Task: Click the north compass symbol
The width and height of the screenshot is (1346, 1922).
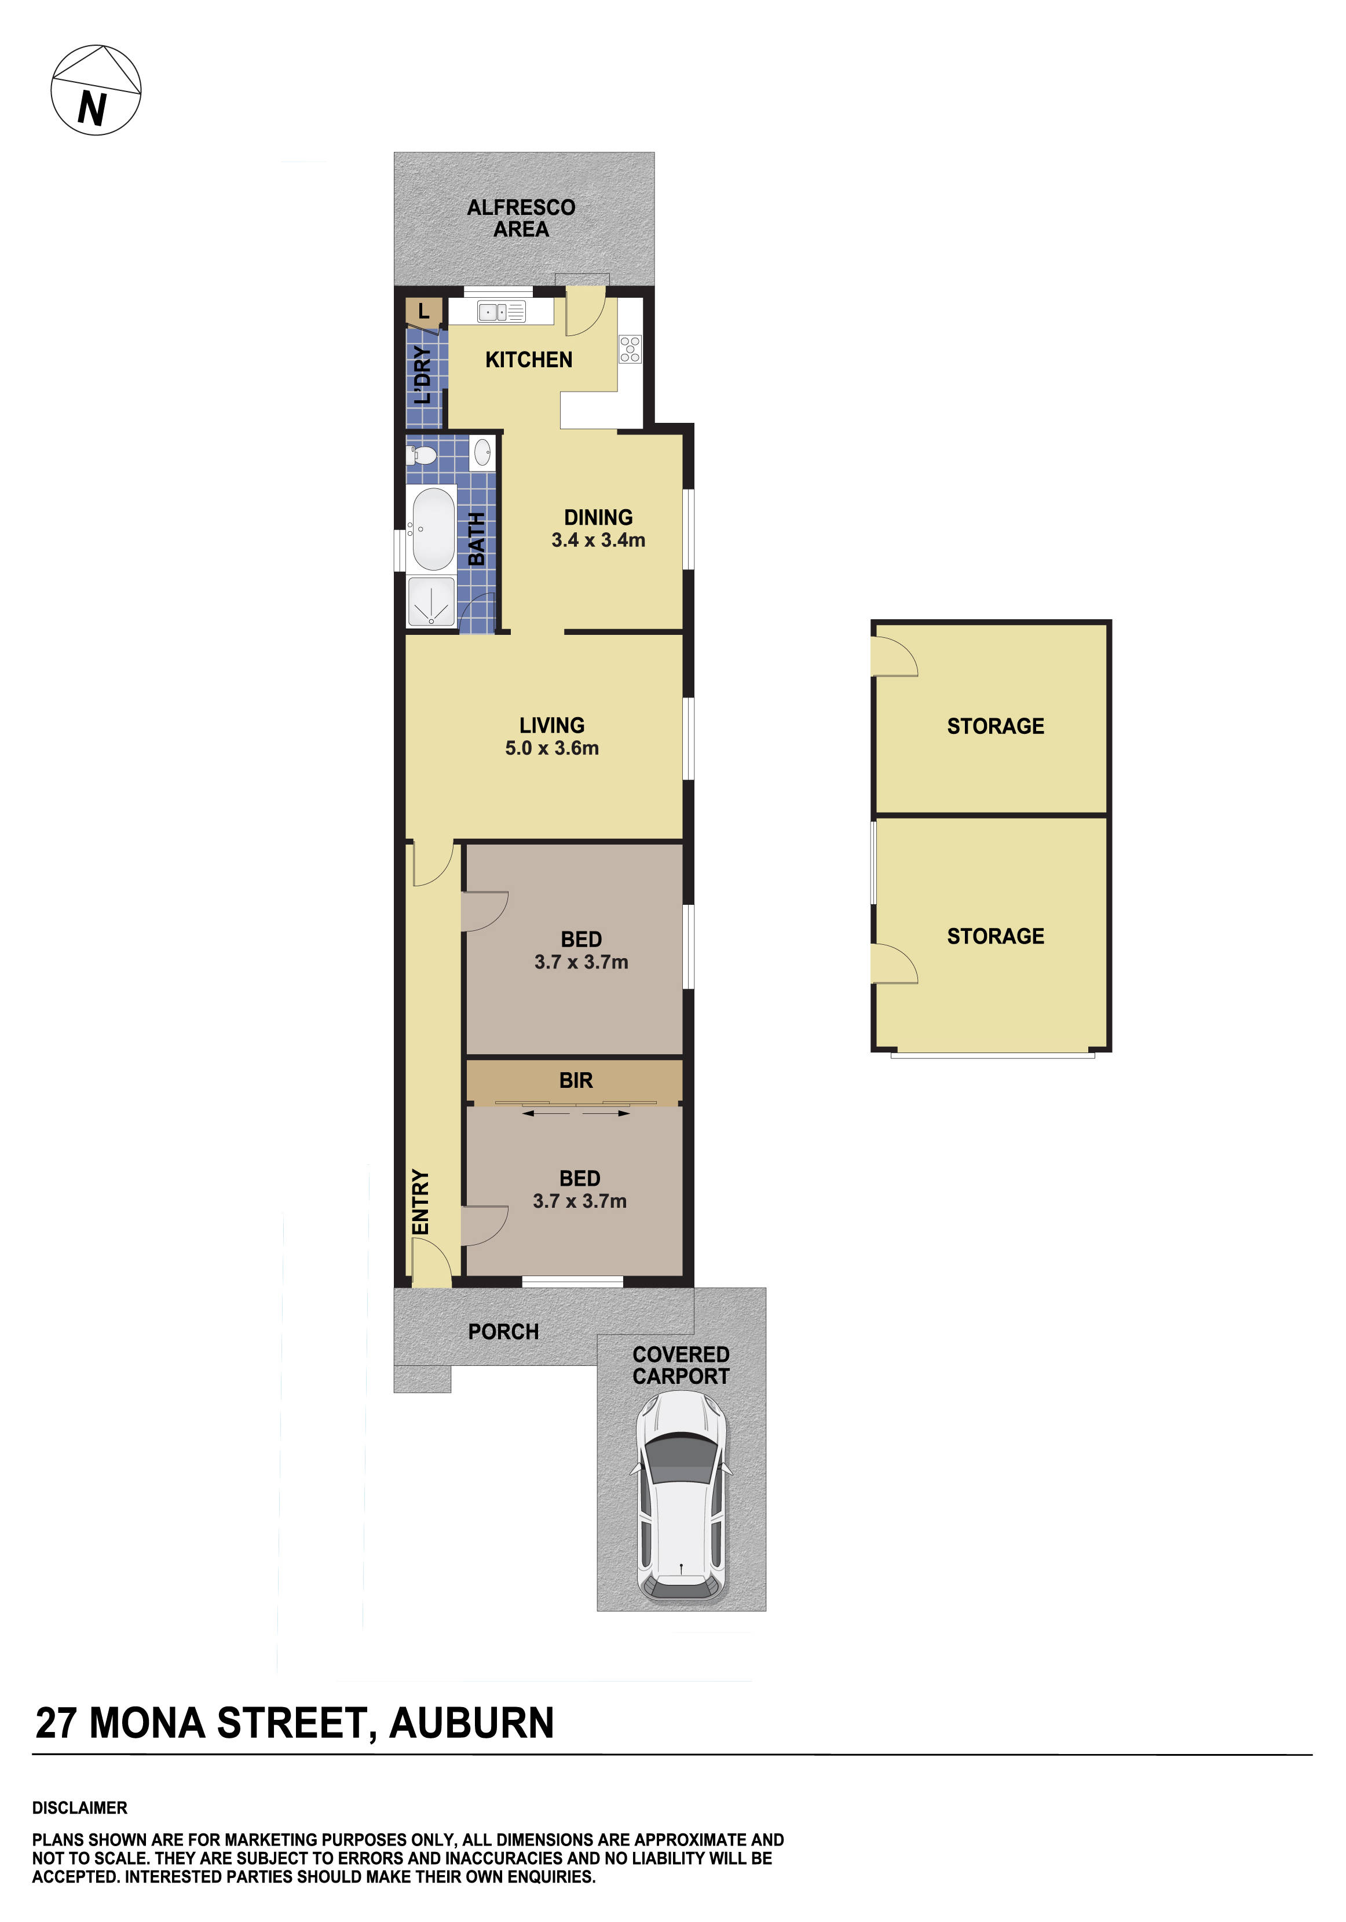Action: click(96, 90)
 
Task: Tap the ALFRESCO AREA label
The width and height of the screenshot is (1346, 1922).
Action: click(521, 218)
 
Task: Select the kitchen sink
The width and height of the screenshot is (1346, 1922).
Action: click(500, 312)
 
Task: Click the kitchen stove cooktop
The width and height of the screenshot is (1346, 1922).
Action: click(630, 349)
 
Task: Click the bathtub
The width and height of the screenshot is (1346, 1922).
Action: click(433, 529)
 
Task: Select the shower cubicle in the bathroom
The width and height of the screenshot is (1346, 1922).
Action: click(431, 601)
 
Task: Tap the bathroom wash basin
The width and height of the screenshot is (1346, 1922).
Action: click(482, 453)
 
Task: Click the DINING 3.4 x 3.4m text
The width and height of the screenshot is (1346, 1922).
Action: click(598, 529)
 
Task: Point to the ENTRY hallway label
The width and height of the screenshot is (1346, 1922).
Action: click(420, 1202)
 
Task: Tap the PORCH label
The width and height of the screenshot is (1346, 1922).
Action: click(503, 1332)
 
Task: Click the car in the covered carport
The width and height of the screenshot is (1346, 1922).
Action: click(681, 1496)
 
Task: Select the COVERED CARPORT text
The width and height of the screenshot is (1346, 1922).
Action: click(681, 1365)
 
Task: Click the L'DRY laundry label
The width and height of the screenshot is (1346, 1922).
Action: click(423, 375)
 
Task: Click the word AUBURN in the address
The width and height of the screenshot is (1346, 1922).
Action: click(471, 1723)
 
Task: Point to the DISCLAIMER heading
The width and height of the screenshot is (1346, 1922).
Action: click(79, 1808)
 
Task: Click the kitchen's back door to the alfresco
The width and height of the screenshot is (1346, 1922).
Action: click(584, 310)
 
